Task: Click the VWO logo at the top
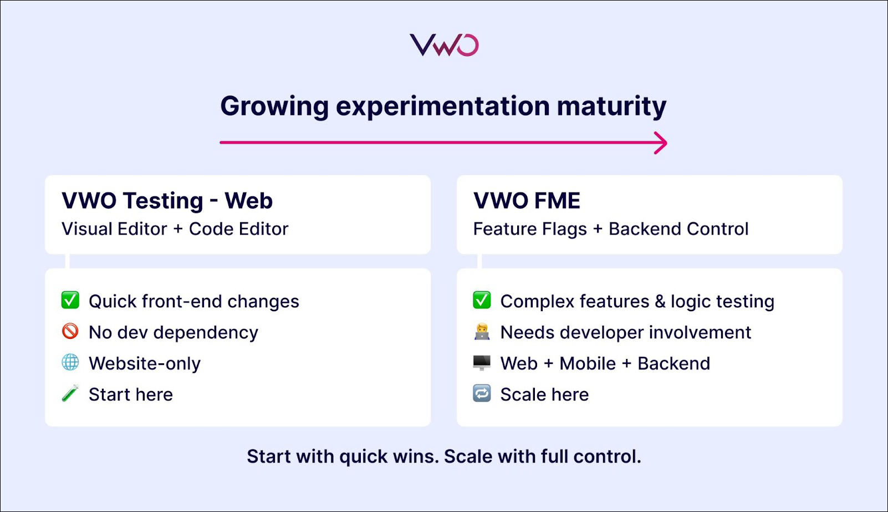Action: click(444, 45)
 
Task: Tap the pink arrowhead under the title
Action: click(661, 143)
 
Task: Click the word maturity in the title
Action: click(611, 107)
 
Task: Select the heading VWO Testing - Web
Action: click(167, 200)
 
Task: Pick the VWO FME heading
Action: click(527, 200)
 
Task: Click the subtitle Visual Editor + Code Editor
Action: click(175, 229)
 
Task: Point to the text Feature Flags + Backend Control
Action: click(611, 229)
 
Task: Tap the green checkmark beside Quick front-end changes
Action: click(70, 300)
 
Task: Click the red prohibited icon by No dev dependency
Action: click(70, 331)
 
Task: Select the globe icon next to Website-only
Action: click(70, 362)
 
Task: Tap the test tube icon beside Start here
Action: click(70, 393)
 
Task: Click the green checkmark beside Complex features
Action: click(482, 300)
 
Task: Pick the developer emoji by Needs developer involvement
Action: click(482, 332)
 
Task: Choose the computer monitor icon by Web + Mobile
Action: click(482, 362)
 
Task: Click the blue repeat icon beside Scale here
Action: click(482, 393)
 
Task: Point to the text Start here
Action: click(131, 394)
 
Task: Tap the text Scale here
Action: click(545, 394)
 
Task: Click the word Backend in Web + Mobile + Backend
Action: click(674, 364)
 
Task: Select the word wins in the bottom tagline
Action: click(416, 457)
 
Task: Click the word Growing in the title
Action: click(275, 107)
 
